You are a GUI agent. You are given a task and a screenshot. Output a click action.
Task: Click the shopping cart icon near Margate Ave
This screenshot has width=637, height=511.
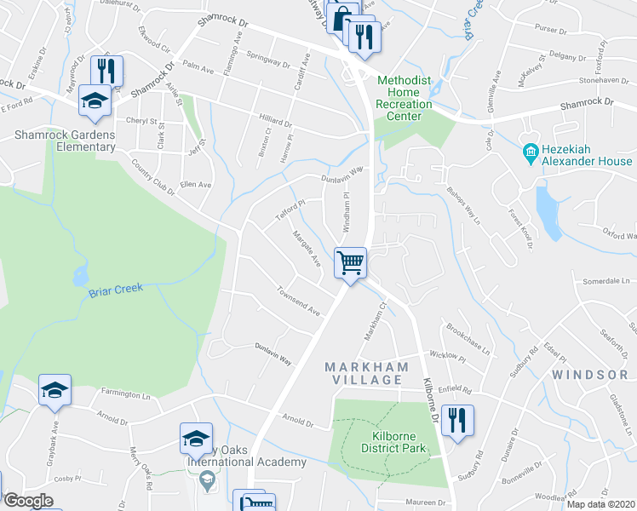pyautogui.click(x=350, y=261)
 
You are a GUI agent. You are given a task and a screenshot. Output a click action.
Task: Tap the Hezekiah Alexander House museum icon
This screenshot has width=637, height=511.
pyautogui.click(x=530, y=153)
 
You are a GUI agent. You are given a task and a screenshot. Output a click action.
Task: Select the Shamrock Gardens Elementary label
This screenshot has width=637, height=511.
pyautogui.click(x=65, y=141)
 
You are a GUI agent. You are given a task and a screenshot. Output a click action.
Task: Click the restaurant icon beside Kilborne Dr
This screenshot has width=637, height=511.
pyautogui.click(x=457, y=420)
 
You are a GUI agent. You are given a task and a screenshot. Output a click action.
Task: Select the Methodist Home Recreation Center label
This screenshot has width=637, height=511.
pyautogui.click(x=405, y=92)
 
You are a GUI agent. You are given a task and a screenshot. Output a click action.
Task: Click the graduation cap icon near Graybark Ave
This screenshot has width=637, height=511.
pyautogui.click(x=55, y=390)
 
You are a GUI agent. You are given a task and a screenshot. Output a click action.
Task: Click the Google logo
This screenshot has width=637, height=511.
pyautogui.click(x=28, y=501)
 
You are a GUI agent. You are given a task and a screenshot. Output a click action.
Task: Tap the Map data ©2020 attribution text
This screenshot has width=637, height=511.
pyautogui.click(x=600, y=504)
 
